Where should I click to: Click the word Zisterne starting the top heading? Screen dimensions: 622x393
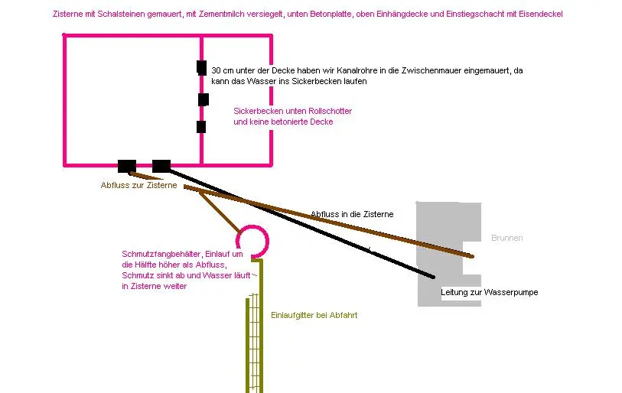pos(67,14)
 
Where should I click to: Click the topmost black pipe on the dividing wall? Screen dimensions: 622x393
pos(201,68)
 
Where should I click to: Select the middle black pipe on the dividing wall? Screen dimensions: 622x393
pos(204,99)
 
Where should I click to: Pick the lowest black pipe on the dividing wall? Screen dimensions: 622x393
pos(201,127)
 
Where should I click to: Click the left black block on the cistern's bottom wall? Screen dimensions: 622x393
pos(127,166)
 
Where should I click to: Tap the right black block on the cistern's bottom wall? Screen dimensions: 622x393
pos(161,166)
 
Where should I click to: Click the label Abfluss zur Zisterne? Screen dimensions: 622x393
pos(138,185)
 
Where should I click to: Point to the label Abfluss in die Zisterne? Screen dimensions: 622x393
pos(352,214)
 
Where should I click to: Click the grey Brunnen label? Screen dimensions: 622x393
pos(507,238)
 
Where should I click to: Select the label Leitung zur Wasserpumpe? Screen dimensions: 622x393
pos(490,292)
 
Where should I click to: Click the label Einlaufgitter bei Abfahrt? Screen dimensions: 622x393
pos(314,315)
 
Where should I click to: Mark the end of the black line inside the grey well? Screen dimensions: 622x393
pos(433,277)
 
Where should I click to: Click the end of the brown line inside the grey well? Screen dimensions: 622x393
pos(471,256)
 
